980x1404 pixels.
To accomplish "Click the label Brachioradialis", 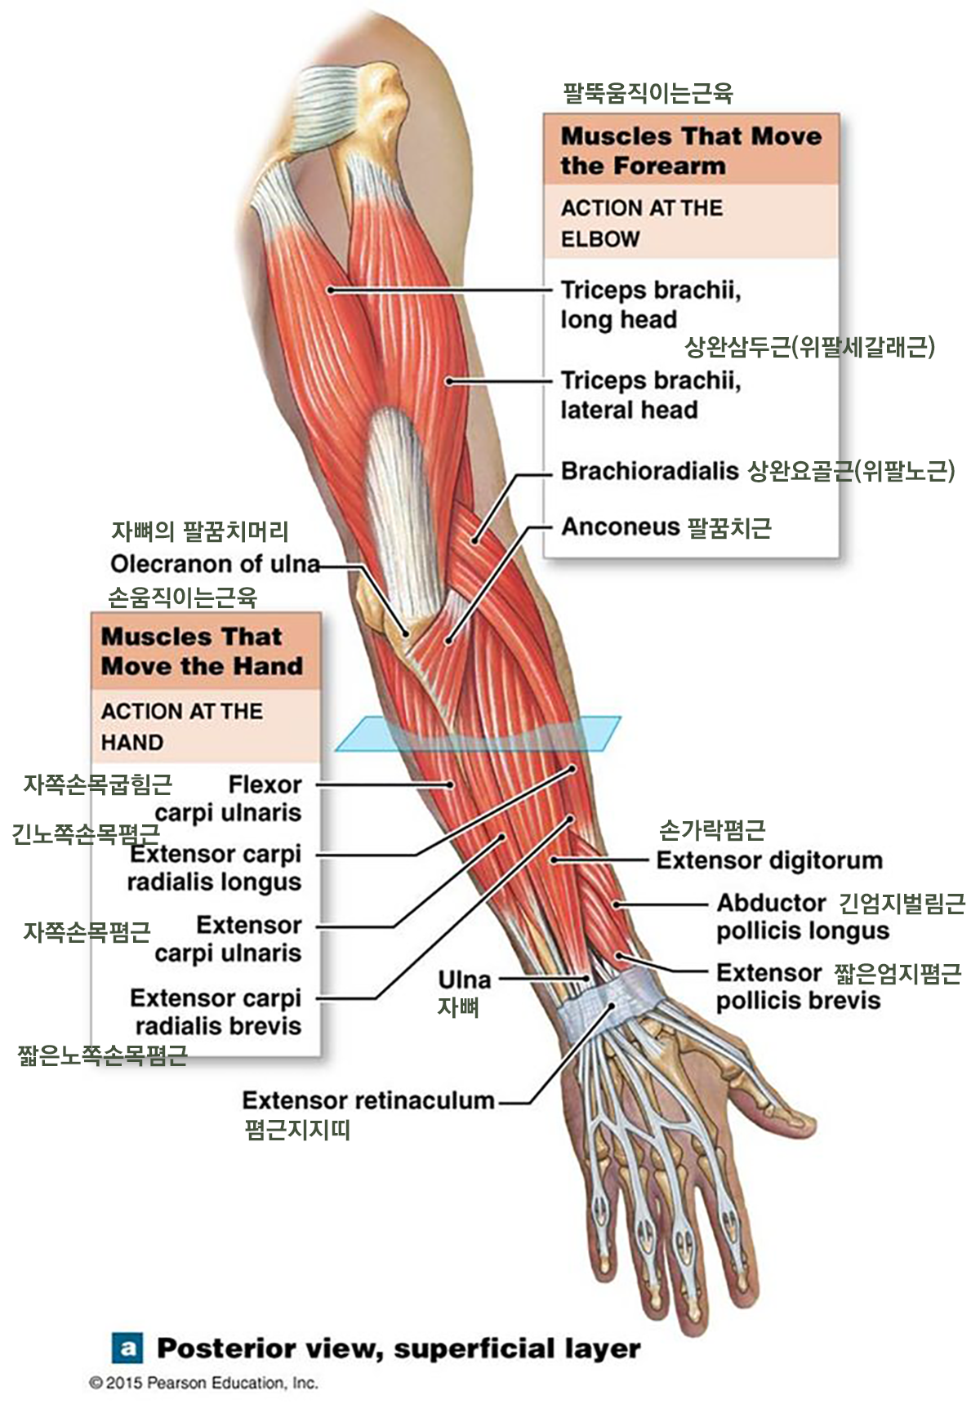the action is (649, 472).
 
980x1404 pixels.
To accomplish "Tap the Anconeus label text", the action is (621, 527).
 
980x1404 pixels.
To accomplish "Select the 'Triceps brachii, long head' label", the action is (650, 304).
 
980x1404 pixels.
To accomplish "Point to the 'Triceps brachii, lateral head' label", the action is (650, 395).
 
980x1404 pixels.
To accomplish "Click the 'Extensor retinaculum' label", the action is (368, 1100).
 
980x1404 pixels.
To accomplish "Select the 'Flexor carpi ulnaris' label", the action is (228, 798).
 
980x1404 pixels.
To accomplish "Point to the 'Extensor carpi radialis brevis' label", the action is (216, 1012).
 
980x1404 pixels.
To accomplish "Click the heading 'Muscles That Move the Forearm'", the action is (691, 150).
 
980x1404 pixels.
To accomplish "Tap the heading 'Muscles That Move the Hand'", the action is (202, 651).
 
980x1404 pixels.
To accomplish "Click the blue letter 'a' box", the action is (127, 1348).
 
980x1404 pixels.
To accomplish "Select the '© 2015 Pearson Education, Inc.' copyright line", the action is (203, 1383).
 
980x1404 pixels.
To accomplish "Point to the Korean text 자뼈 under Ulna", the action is (458, 1007).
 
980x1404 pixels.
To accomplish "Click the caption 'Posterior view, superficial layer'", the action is (399, 1348).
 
